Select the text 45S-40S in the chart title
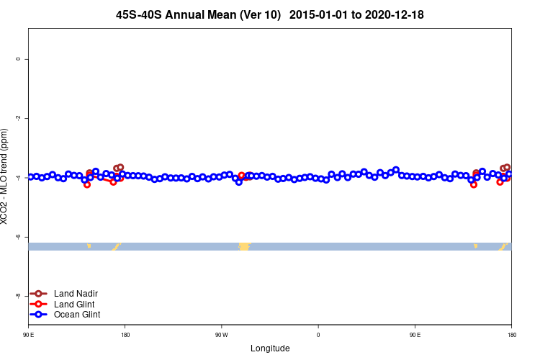click(x=139, y=14)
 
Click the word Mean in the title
click(x=222, y=14)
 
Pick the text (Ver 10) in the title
click(x=260, y=14)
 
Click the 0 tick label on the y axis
click(x=17, y=59)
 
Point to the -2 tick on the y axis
click(x=17, y=118)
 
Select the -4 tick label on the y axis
click(x=17, y=177)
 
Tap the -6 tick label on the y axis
click(x=17, y=236)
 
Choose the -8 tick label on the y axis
click(x=17, y=295)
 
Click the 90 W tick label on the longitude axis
click(x=221, y=335)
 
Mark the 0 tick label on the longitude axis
click(x=318, y=335)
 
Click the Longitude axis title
click(x=270, y=348)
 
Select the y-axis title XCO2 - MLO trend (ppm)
click(x=5, y=176)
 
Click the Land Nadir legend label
click(x=76, y=294)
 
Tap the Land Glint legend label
click(x=75, y=304)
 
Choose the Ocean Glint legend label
click(x=77, y=315)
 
